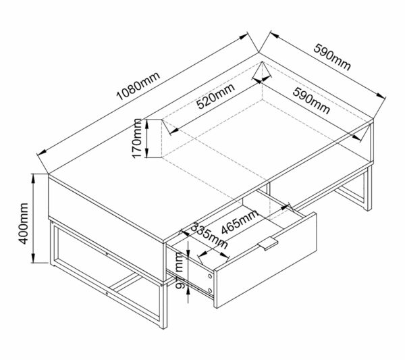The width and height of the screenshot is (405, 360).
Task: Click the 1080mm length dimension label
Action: (138, 86)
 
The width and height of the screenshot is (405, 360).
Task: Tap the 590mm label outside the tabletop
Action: (332, 57)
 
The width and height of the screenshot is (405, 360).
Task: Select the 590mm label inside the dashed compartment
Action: (311, 101)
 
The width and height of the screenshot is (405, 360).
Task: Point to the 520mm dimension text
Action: (215, 96)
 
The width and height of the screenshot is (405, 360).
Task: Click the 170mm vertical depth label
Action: (137, 138)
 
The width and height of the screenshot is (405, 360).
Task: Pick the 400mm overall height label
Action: (23, 224)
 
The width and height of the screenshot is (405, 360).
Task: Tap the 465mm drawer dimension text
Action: (240, 222)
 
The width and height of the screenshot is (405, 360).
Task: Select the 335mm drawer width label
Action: (210, 236)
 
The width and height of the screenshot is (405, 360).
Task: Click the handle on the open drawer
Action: (268, 243)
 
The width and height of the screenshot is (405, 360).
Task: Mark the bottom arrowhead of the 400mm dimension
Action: (33, 258)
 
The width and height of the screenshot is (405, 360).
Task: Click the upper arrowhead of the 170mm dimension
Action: (146, 124)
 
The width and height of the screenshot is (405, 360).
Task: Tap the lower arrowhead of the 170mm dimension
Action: (146, 153)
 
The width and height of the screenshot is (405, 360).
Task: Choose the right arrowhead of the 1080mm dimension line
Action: (244, 36)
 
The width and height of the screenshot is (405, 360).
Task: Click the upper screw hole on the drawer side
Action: (210, 276)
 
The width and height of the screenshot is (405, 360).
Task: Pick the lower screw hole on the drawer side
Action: (210, 290)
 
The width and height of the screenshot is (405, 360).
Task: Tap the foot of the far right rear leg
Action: (369, 208)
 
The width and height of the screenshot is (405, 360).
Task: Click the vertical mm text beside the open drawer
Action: (179, 262)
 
